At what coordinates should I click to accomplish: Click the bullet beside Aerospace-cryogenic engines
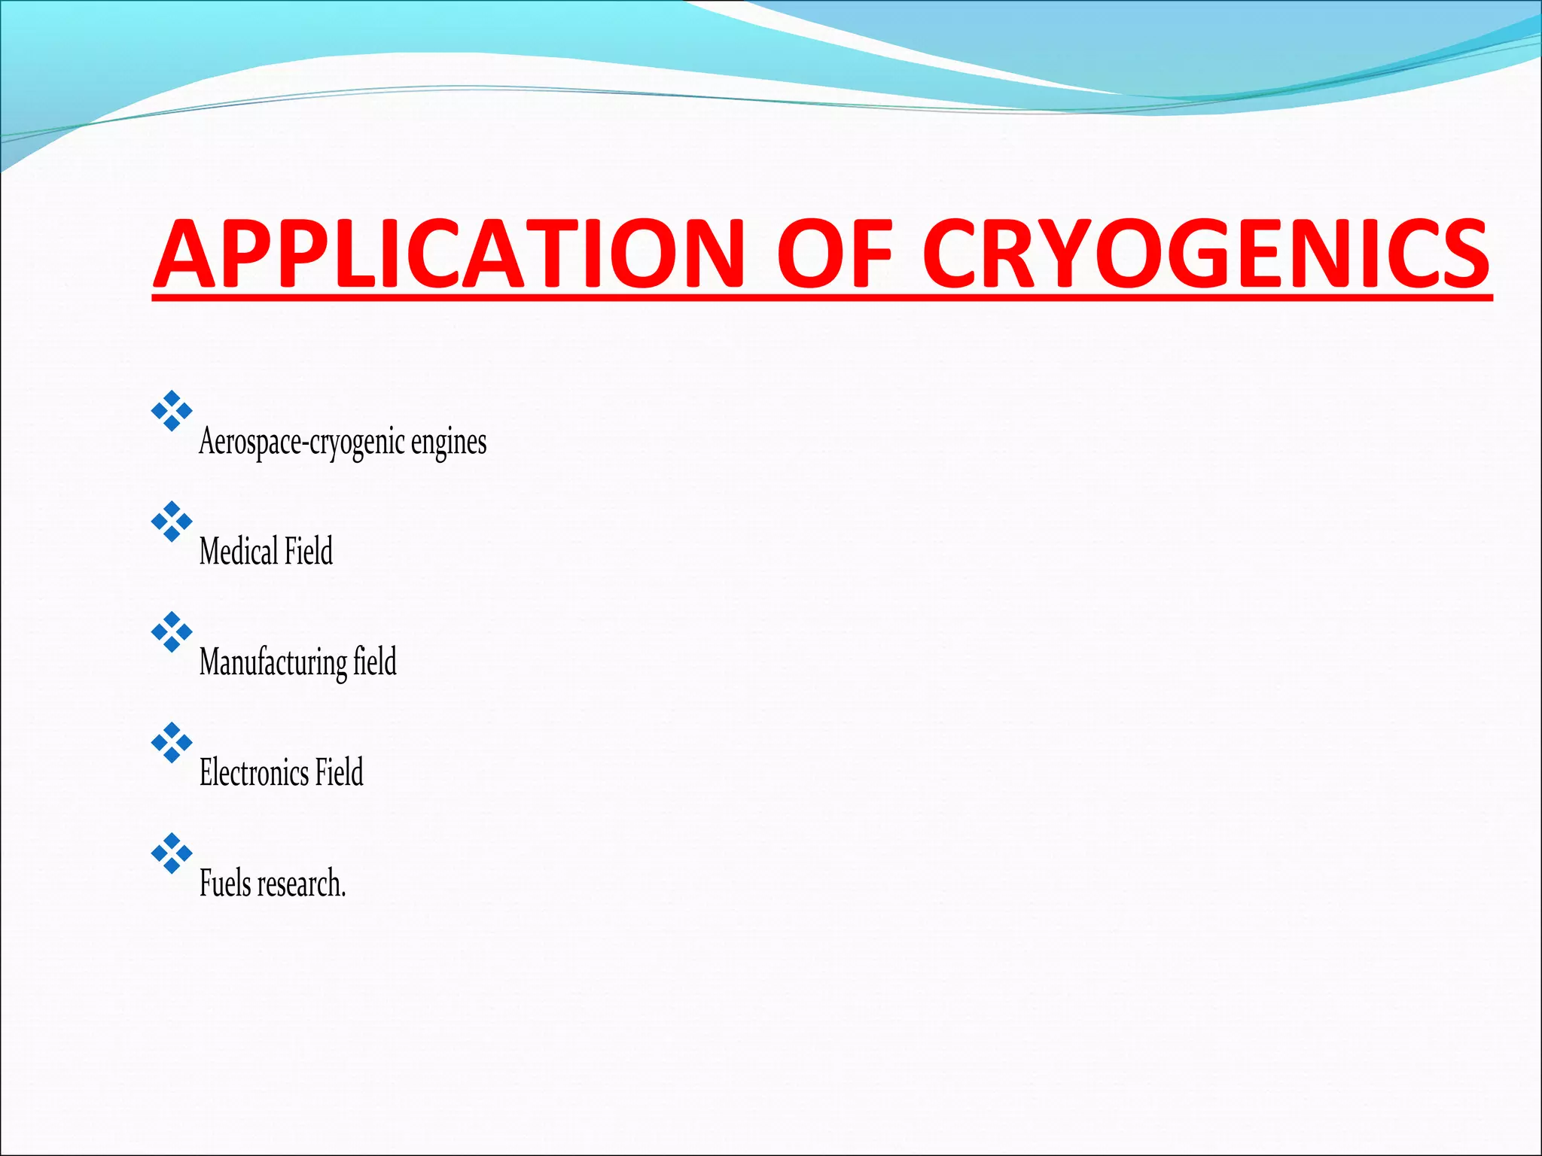coord(172,411)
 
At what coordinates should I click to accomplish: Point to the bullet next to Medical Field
coord(172,522)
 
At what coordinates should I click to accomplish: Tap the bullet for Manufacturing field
coord(172,632)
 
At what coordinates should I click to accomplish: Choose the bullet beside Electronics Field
coord(172,743)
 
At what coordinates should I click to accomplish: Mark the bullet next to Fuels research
coord(172,853)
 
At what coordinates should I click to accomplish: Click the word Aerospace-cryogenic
coord(302,443)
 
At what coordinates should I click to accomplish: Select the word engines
coord(449,443)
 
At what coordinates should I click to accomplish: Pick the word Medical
coord(239,551)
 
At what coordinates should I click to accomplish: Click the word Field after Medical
coord(309,551)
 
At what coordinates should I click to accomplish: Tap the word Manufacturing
coord(273,662)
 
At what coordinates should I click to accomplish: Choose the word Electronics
coord(254,773)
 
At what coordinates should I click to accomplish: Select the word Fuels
coord(225,884)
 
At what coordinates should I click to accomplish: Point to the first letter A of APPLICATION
coord(185,254)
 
